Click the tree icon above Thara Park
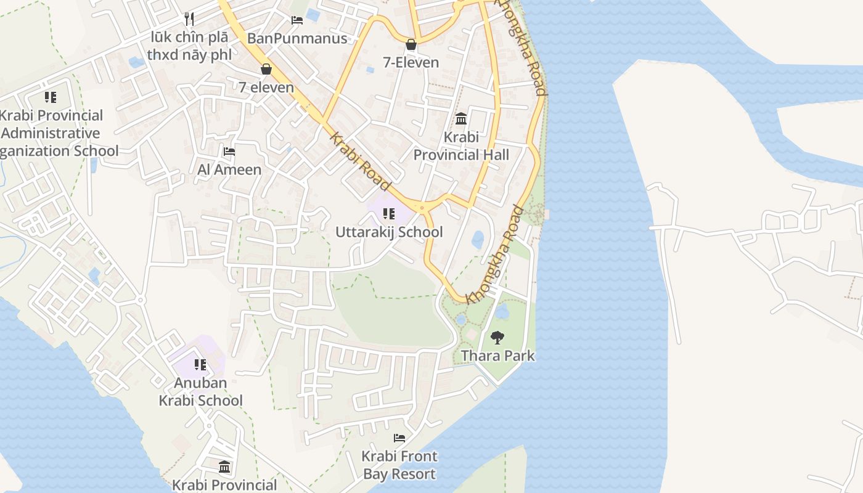tap(497, 338)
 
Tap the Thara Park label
tap(497, 356)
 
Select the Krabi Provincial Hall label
tap(461, 146)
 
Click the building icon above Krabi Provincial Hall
tap(461, 118)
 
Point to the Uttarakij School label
tap(389, 232)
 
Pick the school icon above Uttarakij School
tap(389, 214)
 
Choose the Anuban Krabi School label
tap(200, 391)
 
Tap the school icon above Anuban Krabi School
tap(200, 364)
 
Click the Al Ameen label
tap(229, 169)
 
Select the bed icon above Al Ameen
tap(229, 151)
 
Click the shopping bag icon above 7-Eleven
tap(411, 44)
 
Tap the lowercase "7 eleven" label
tap(266, 88)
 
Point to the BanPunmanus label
tap(297, 39)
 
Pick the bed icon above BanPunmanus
tap(297, 20)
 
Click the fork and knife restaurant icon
tap(189, 19)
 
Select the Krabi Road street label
tap(361, 161)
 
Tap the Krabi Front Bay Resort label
tap(399, 465)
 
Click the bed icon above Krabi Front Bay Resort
tap(399, 438)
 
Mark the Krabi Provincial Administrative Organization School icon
tap(51, 97)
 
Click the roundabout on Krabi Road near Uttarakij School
tap(422, 208)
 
